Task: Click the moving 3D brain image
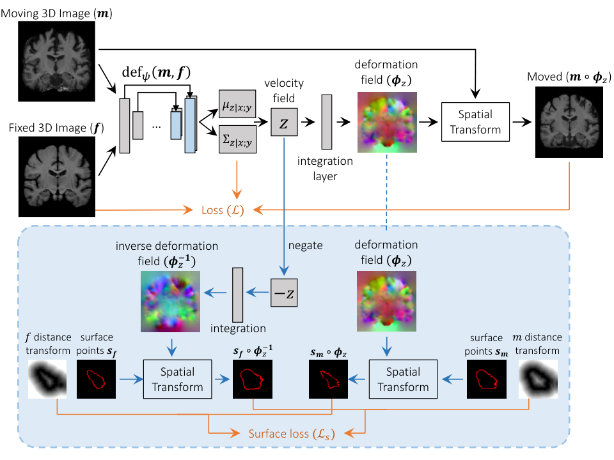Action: pos(56,61)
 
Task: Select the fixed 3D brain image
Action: pos(57,176)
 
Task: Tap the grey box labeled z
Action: pos(284,122)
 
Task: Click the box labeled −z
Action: pos(284,293)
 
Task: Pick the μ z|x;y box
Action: pos(237,104)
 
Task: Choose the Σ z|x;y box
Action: pos(237,139)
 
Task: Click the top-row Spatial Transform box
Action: pos(475,122)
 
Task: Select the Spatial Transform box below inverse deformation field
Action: pos(177,379)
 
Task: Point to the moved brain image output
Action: pos(569,122)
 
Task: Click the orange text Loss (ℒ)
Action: pos(223,210)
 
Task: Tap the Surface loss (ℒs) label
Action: pos(292,434)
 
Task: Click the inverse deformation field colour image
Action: pos(170,302)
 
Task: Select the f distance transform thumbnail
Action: pos(47,379)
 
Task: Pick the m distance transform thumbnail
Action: pos(538,379)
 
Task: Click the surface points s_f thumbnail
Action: pos(96,379)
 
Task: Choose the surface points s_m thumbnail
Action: pos(486,379)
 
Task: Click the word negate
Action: pos(306,245)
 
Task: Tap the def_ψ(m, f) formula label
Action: pos(156,72)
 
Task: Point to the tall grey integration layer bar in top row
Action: pos(327,122)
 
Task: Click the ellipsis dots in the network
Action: pos(156,126)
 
